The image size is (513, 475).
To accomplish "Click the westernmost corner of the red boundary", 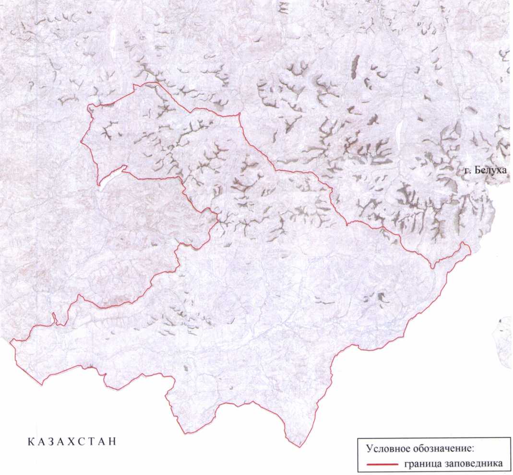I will pyautogui.click(x=11, y=341).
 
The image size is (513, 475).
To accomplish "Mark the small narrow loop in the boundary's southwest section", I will pyautogui.click(x=54, y=318).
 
